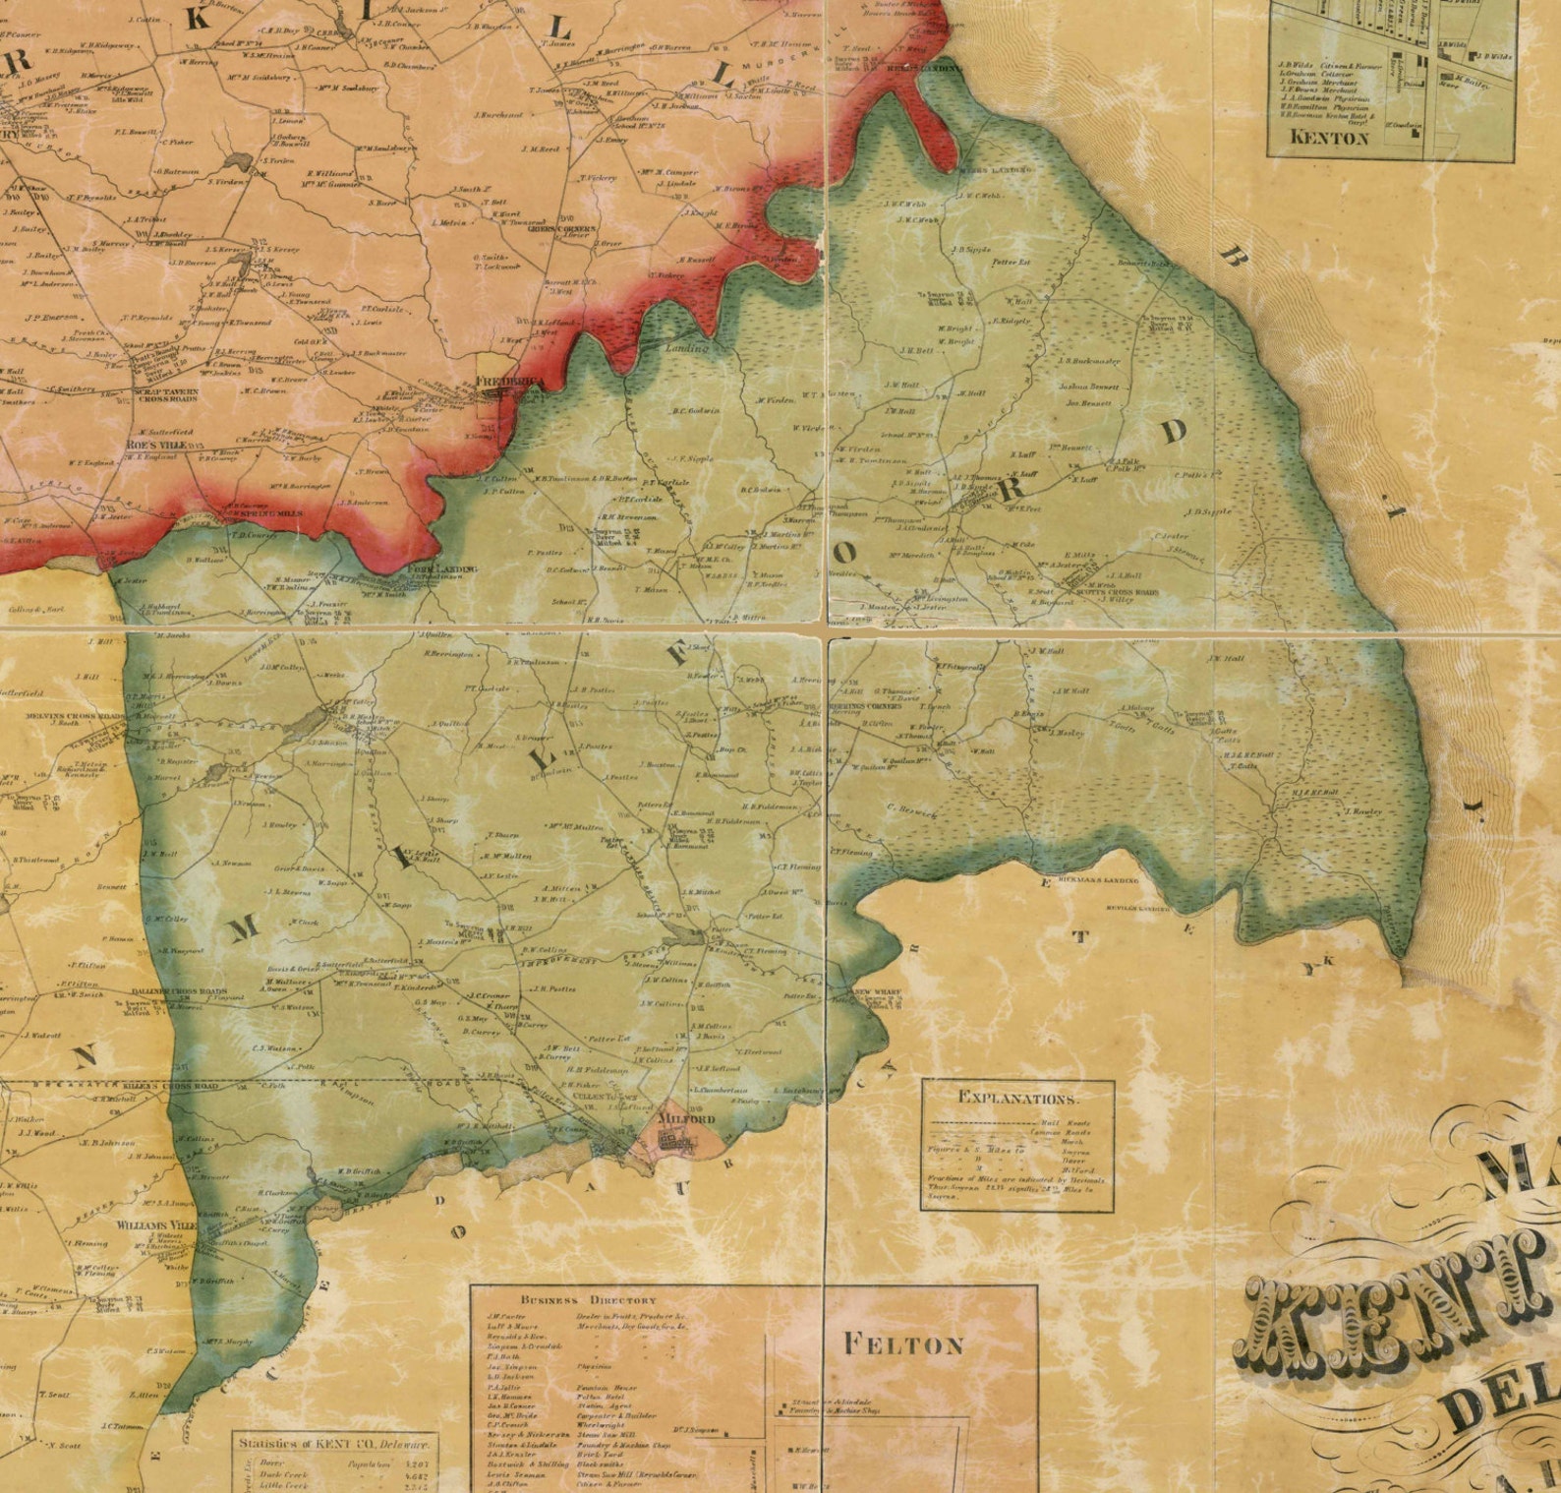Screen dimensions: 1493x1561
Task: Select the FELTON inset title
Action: tap(905, 1344)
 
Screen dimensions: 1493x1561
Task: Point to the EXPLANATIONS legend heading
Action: tap(1017, 1098)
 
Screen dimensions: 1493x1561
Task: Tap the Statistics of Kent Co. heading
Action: tap(336, 1443)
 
